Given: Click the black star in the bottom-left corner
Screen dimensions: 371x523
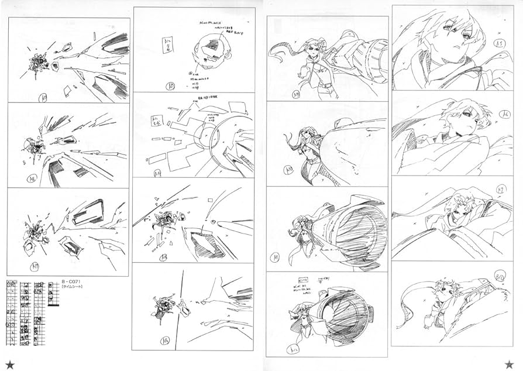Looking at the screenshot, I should (x=10, y=364).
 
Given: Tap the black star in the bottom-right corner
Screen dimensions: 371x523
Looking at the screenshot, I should (x=509, y=364).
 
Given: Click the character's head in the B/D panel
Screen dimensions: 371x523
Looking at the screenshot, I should (x=443, y=290).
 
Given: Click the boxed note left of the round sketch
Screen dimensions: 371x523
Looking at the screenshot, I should (x=167, y=44).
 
